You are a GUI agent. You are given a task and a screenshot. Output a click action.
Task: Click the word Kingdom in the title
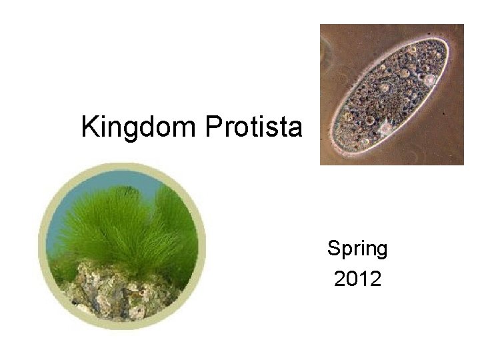tap(140, 127)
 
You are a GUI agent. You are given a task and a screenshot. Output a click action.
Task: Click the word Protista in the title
tap(253, 127)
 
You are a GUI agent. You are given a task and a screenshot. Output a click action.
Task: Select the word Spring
tap(357, 249)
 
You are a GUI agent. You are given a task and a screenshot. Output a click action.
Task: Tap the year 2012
tap(357, 279)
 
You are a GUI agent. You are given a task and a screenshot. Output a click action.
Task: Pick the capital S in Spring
tap(333, 249)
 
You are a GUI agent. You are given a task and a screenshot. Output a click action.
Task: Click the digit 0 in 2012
tap(351, 279)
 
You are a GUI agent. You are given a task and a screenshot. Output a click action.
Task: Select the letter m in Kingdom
tap(189, 128)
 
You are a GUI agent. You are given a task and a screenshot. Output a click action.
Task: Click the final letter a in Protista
tap(296, 128)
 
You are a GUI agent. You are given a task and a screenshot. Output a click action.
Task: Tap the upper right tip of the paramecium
tap(443, 45)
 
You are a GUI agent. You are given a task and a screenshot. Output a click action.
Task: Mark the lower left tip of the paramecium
tap(337, 151)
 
